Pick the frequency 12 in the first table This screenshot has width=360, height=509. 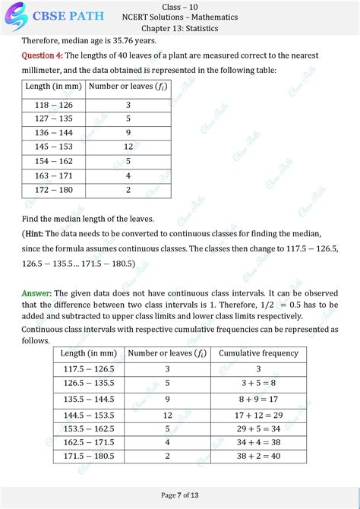(128, 147)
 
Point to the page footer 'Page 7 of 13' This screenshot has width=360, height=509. (180, 495)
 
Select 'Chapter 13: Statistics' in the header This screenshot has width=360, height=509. (180, 28)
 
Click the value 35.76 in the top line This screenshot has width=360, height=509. (122, 41)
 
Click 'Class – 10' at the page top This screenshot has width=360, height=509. (180, 6)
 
